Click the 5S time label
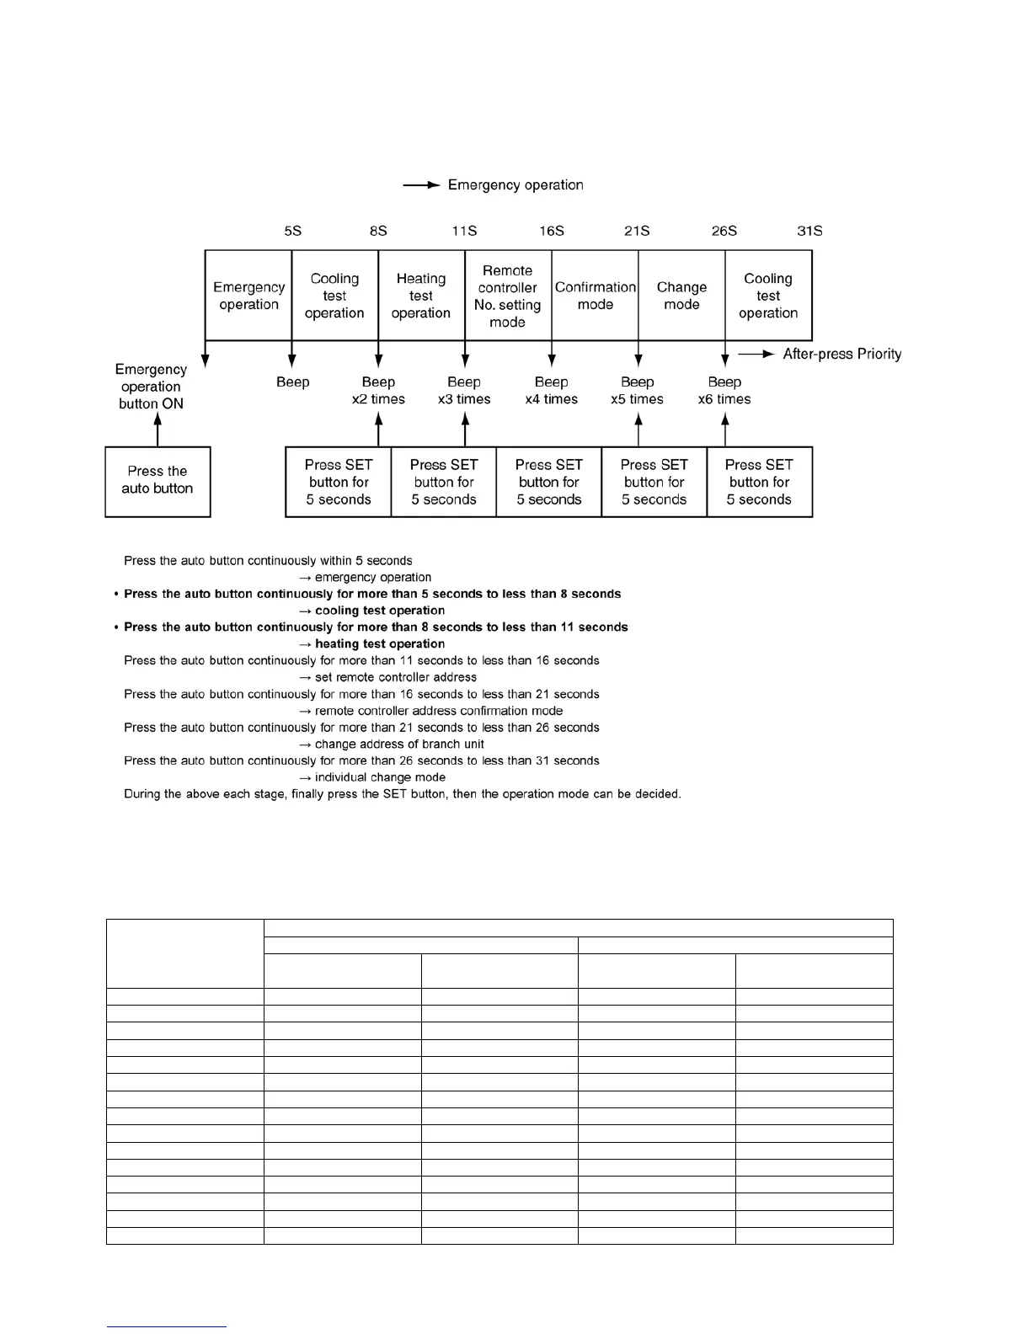coord(292,231)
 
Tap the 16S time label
coord(552,231)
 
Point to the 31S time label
coord(809,231)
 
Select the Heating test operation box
coord(421,296)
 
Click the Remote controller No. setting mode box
coord(507,296)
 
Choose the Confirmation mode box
coord(595,296)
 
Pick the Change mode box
coord(681,296)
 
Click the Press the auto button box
coord(158,481)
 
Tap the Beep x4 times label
coord(552,391)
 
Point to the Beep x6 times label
coord(724,391)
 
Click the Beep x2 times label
coord(378,391)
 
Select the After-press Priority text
coord(841,355)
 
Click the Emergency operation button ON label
coord(152,387)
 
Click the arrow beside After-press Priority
coord(756,355)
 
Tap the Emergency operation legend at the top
coord(515,185)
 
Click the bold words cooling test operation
coord(380,611)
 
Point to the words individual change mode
coord(380,777)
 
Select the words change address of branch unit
coord(399,744)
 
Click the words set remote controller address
coord(396,677)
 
